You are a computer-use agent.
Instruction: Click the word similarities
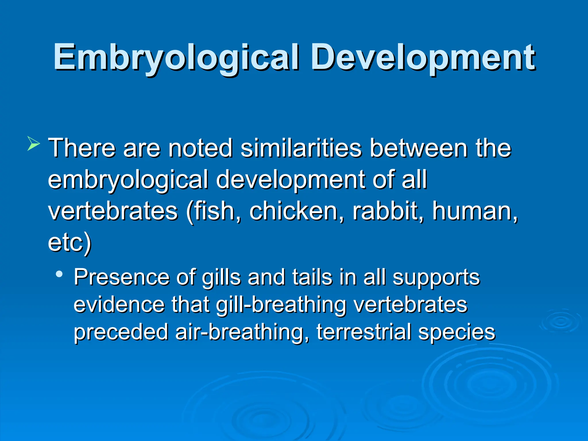[x=301, y=148]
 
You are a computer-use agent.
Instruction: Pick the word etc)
[x=69, y=243]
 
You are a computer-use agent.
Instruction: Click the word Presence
[x=121, y=277]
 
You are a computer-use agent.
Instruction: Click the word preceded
[x=121, y=332]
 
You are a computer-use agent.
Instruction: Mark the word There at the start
[x=82, y=148]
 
